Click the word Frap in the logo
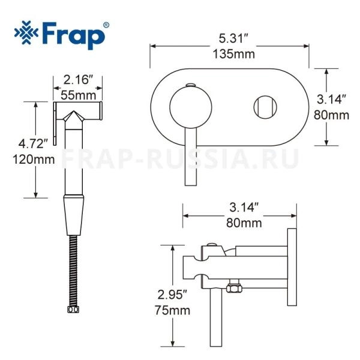click(x=75, y=34)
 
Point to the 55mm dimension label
click(x=78, y=95)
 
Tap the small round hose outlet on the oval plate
click(x=264, y=108)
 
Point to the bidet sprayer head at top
click(x=80, y=112)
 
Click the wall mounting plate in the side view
click(x=292, y=268)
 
